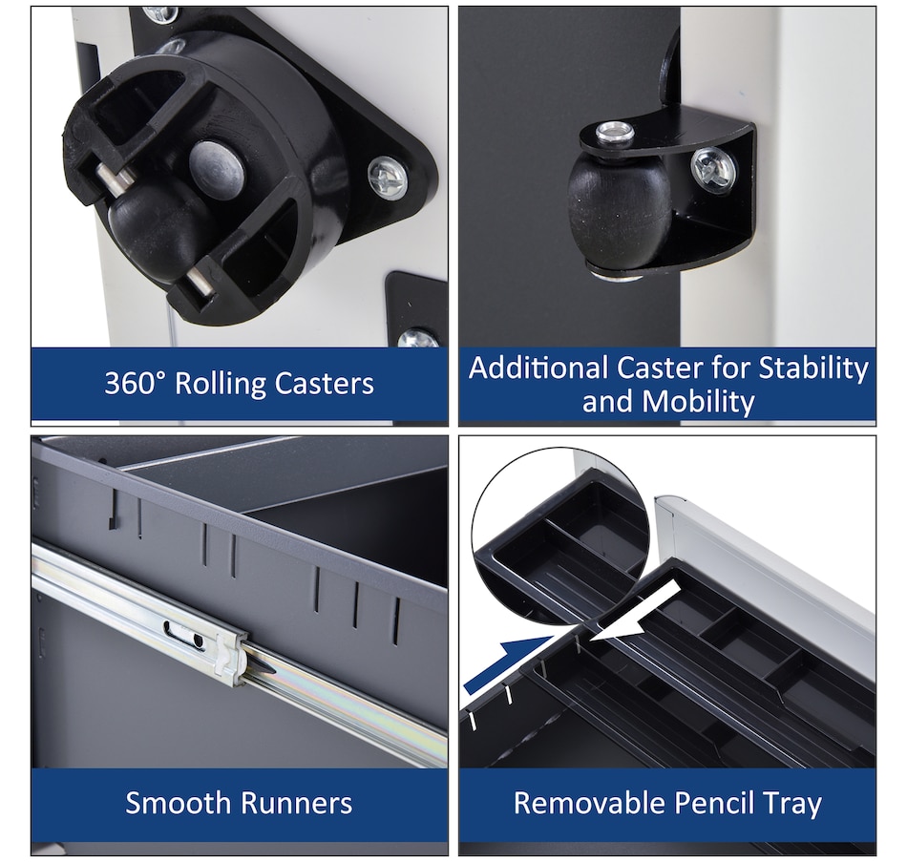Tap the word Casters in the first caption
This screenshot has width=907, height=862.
(324, 384)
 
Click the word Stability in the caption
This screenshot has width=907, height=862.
(813, 368)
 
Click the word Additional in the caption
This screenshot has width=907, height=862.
(539, 368)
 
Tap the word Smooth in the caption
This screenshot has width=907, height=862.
(179, 803)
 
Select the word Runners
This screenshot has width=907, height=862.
(296, 804)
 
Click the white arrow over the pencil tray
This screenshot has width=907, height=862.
(634, 613)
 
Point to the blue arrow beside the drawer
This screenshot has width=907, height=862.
(509, 663)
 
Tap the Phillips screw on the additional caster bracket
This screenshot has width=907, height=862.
(714, 167)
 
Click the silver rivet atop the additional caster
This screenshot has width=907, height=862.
(616, 133)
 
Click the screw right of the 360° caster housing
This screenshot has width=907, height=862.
(388, 177)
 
